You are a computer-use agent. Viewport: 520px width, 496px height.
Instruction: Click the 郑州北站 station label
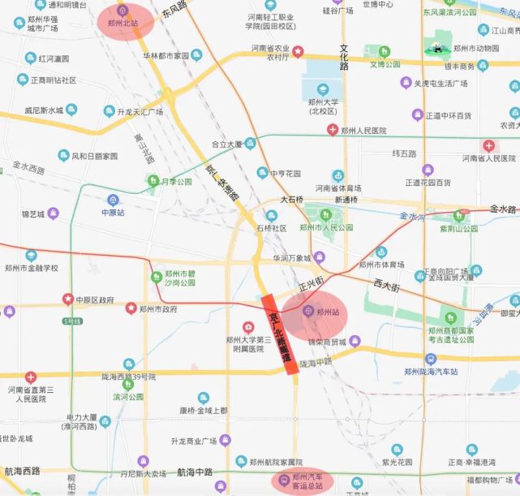(122, 23)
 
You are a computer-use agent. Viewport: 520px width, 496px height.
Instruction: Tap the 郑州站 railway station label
(326, 312)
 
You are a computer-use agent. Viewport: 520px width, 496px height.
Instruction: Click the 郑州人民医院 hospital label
(363, 131)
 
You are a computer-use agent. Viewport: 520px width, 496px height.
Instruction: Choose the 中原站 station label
(113, 212)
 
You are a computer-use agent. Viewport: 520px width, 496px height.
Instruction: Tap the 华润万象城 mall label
(292, 258)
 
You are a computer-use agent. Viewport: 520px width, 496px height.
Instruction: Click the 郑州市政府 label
(158, 309)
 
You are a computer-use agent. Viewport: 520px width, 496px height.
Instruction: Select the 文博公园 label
(385, 64)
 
